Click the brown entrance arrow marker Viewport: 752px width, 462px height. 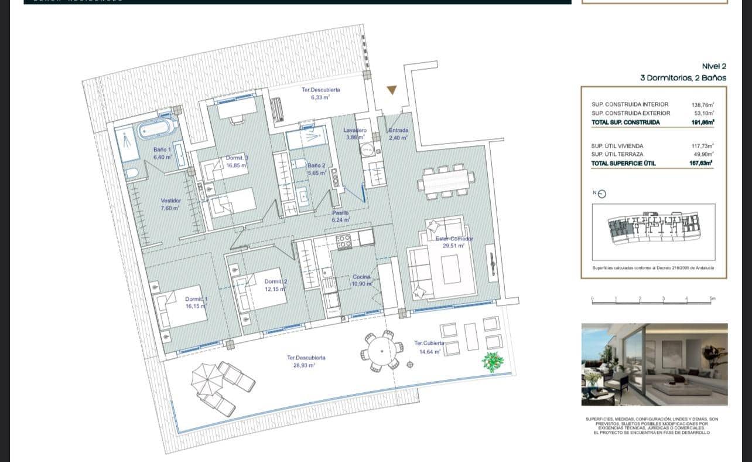tap(391, 90)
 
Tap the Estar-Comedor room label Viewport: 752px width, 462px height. tap(454, 242)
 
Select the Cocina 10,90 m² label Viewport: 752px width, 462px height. tap(362, 280)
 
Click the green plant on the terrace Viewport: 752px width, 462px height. tap(493, 362)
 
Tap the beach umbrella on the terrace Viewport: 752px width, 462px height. tap(207, 377)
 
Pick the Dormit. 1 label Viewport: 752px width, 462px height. tap(196, 303)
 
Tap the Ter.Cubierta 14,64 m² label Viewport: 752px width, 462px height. tap(429, 347)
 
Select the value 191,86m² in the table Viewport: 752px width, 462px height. tap(702, 122)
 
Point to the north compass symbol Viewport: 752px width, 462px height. tap(600, 194)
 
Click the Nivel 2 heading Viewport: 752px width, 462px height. tap(713, 66)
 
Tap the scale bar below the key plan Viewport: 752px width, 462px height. tap(653, 300)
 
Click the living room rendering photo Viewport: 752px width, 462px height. tap(654, 364)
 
